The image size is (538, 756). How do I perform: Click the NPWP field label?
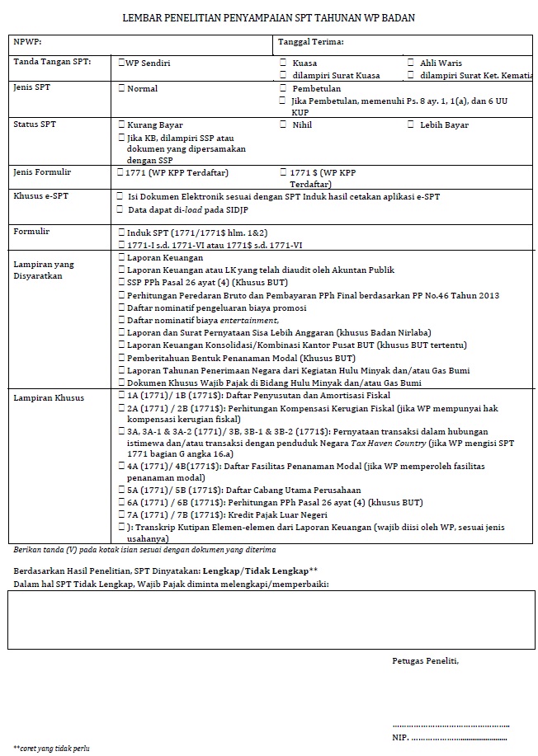pyautogui.click(x=27, y=41)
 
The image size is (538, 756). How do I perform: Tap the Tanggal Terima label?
pyautogui.click(x=310, y=41)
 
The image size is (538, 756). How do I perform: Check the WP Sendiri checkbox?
pyautogui.click(x=121, y=62)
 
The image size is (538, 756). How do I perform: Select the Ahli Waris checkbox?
pyautogui.click(x=411, y=63)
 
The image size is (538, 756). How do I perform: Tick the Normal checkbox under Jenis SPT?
pyautogui.click(x=121, y=88)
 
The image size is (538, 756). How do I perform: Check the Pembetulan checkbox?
pyautogui.click(x=283, y=87)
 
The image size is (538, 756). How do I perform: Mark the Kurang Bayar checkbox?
pyautogui.click(x=122, y=125)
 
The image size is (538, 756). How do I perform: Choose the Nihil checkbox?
pyautogui.click(x=283, y=124)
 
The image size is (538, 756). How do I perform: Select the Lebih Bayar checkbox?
pyautogui.click(x=411, y=124)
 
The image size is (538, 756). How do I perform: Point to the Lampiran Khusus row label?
pyautogui.click(x=44, y=398)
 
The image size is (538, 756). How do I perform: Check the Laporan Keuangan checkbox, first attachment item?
pyautogui.click(x=122, y=258)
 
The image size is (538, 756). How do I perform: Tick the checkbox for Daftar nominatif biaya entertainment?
pyautogui.click(x=122, y=320)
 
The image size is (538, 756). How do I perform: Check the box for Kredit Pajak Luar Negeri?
pyautogui.click(x=122, y=514)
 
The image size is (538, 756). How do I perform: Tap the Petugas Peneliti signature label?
pyautogui.click(x=425, y=660)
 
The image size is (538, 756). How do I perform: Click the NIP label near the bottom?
pyautogui.click(x=400, y=737)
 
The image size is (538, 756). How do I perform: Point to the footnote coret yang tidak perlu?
pyautogui.click(x=51, y=748)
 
